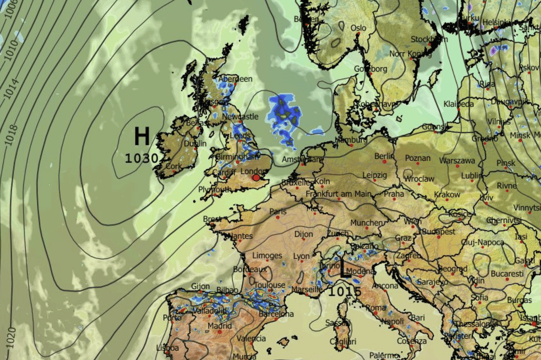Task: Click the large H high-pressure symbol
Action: [142, 136]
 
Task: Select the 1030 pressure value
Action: [142, 158]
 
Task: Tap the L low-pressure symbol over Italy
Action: [345, 269]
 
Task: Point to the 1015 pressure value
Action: [345, 292]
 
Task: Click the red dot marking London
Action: [257, 178]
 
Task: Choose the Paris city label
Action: [278, 211]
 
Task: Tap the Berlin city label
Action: [385, 156]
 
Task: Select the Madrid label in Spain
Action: [220, 326]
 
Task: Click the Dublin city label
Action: [195, 144]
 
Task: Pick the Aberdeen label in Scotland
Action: [235, 79]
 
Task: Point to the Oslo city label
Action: [358, 28]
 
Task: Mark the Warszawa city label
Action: [457, 160]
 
